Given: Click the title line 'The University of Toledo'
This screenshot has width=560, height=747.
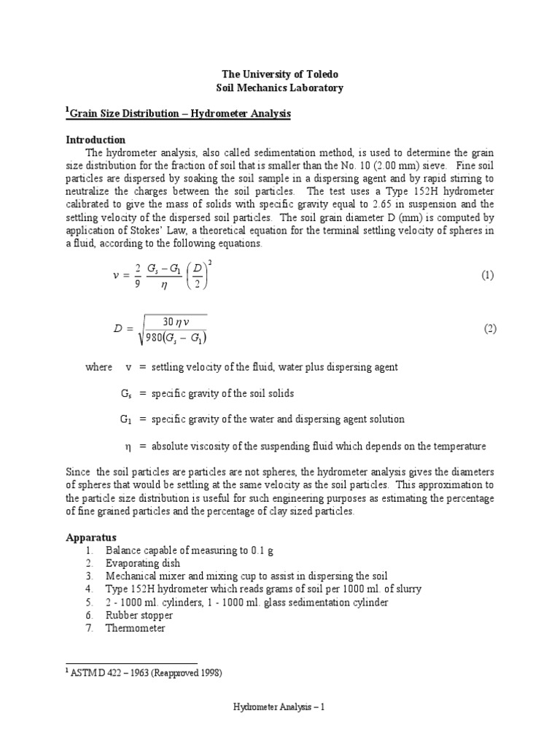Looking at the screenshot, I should tap(280, 75).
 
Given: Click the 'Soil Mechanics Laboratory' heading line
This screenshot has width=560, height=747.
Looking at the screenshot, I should tap(280, 88).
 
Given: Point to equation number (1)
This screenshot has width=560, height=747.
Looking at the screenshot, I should tap(488, 275).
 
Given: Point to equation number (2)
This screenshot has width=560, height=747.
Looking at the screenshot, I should tap(490, 328).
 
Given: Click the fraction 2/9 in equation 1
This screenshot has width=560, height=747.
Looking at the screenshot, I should tap(138, 275).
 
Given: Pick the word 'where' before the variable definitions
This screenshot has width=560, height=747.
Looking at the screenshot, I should tap(99, 367).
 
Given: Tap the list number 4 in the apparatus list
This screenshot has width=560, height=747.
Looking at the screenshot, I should tap(90, 589).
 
